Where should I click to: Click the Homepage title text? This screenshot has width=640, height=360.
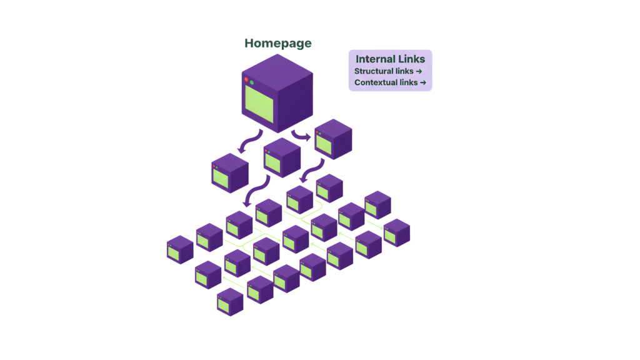pos(277,44)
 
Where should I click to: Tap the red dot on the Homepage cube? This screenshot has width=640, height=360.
pos(246,79)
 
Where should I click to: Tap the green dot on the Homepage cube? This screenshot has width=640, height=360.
pos(252,82)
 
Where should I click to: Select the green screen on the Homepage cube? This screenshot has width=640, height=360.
pos(259,104)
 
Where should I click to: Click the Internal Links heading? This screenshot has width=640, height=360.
pos(390,59)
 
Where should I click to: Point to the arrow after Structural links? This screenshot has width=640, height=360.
pos(419,71)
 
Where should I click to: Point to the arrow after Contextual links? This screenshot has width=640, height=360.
pos(423,82)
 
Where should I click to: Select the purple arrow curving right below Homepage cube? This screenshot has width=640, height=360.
pos(301,134)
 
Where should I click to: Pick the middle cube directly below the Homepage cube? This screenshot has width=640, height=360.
pos(281,157)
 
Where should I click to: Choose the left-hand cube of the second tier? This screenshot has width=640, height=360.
pos(229,173)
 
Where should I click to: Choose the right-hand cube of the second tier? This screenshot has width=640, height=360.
pos(332,139)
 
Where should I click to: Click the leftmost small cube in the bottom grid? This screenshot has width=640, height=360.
pos(180,249)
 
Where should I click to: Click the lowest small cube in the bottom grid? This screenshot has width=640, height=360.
pos(230,302)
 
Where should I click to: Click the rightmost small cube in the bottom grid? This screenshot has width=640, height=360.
pos(396,232)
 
